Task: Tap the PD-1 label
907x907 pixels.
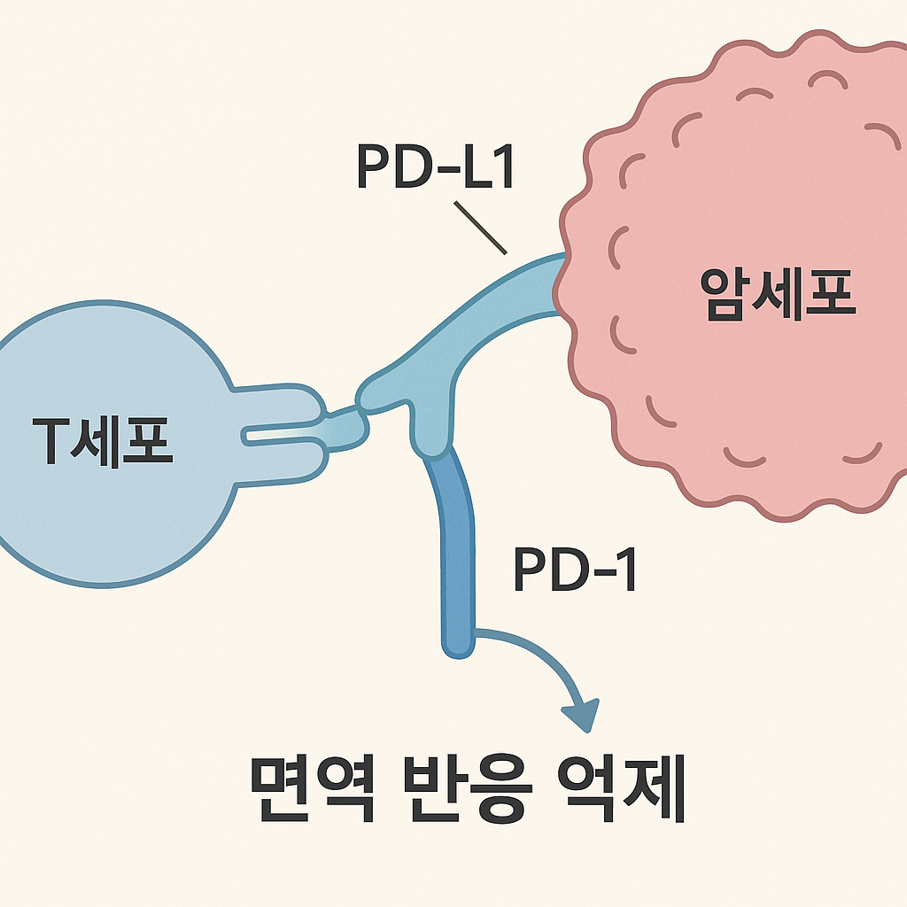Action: tap(575, 571)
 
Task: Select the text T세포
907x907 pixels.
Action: tap(102, 440)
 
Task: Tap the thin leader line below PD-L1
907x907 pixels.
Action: tap(479, 228)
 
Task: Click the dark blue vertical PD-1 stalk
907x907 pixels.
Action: tap(454, 549)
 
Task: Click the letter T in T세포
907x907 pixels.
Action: tap(51, 440)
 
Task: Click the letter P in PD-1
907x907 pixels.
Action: tap(530, 571)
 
